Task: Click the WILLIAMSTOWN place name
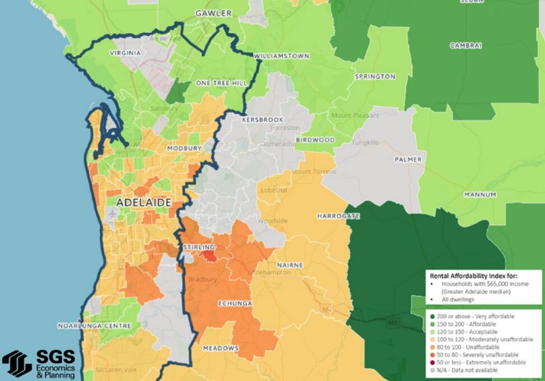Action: pyautogui.click(x=282, y=57)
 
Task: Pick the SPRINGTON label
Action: pyautogui.click(x=375, y=76)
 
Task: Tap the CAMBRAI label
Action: pyautogui.click(x=465, y=46)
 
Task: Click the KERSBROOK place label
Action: pyautogui.click(x=263, y=120)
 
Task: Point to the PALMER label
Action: pyautogui.click(x=408, y=159)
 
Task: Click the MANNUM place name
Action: pyautogui.click(x=480, y=194)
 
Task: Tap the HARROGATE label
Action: pyautogui.click(x=338, y=216)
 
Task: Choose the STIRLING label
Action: pyautogui.click(x=199, y=247)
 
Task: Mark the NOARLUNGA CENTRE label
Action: pyautogui.click(x=95, y=326)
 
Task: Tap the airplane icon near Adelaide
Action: pyautogui.click(x=112, y=213)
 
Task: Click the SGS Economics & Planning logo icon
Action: pyautogui.click(x=17, y=364)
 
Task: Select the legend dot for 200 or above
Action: pyautogui.click(x=432, y=317)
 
